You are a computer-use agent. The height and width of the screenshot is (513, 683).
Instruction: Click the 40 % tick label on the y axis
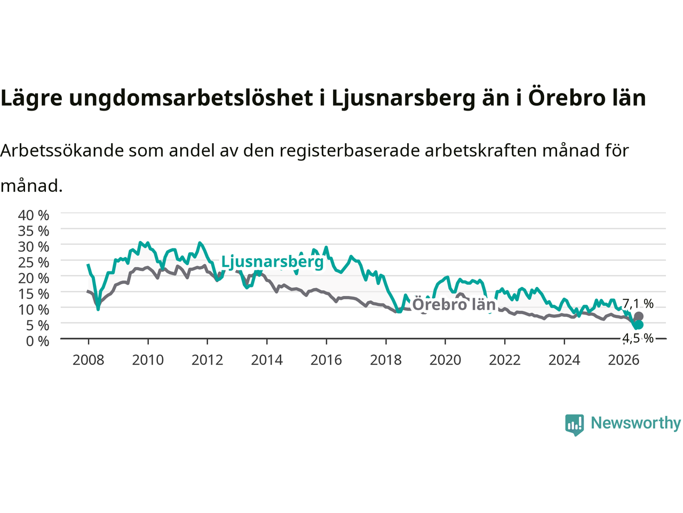34,215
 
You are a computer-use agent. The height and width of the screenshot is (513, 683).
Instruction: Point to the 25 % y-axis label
34,262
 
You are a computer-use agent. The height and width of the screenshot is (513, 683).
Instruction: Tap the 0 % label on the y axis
38,341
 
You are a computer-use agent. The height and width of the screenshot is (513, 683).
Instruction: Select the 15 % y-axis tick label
34,294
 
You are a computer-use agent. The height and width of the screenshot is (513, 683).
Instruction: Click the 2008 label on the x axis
89,360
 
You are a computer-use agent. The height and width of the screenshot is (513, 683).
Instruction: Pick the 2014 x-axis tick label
267,360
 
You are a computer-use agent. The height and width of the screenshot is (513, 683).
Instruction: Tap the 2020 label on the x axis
445,360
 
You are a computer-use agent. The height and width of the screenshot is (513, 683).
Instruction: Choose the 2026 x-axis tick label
624,360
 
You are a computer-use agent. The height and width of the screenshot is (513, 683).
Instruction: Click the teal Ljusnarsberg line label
272,262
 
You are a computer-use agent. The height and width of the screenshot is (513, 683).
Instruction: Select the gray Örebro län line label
454,304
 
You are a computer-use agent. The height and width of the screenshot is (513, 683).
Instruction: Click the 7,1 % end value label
638,304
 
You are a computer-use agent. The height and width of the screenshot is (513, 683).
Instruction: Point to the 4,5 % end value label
638,338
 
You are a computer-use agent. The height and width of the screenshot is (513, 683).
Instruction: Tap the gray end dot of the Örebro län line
639,316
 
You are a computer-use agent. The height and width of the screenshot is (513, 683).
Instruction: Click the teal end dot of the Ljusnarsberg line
639,325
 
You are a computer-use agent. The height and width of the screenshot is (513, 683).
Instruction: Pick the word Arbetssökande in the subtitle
62,151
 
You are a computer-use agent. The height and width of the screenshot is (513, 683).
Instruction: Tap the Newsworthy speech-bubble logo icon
574,425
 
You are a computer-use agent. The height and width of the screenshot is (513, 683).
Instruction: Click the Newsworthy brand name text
636,423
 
